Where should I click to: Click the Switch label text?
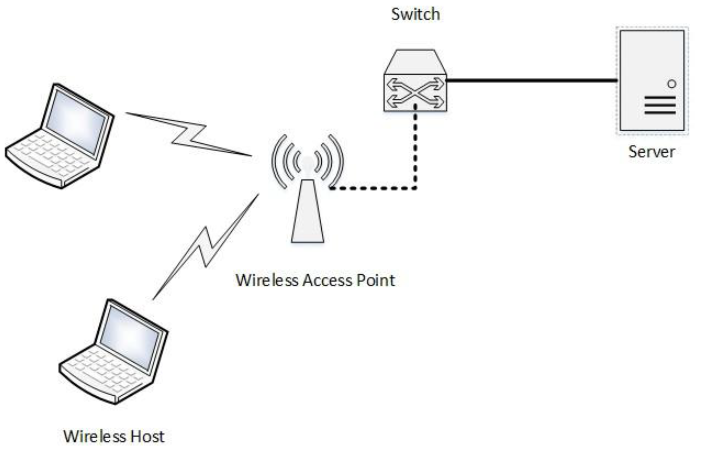(x=415, y=14)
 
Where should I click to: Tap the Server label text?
(x=651, y=152)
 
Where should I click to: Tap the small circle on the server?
(x=672, y=84)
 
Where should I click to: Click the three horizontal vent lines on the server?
(x=660, y=105)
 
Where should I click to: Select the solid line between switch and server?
(x=532, y=80)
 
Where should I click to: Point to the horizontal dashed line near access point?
(x=373, y=188)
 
